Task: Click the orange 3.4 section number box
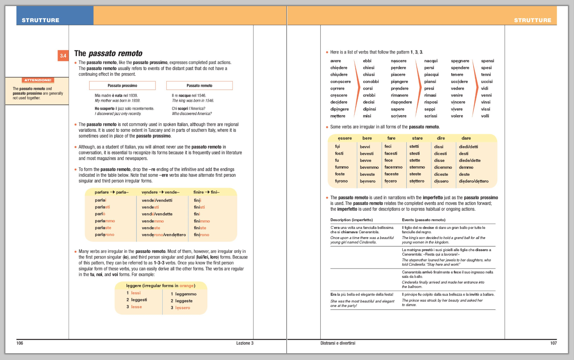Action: point(63,56)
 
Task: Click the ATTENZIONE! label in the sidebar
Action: point(38,80)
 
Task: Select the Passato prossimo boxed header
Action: point(122,86)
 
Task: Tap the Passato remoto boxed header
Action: point(199,86)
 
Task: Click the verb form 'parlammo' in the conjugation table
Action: point(105,221)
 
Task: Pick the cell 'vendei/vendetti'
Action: point(157,200)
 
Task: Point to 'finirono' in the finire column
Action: point(201,235)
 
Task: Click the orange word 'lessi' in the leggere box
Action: point(135,293)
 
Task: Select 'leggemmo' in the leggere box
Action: point(185,294)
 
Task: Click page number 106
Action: point(20,343)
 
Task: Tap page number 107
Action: point(553,343)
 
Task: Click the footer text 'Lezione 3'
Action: point(244,343)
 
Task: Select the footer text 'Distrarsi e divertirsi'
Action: point(338,343)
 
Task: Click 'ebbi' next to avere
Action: point(367,61)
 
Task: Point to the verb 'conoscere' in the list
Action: point(340,82)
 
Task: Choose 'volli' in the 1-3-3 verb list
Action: point(485,116)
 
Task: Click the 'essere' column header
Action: point(345,138)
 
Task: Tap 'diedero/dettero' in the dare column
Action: point(474,181)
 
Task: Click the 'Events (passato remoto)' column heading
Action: point(424,220)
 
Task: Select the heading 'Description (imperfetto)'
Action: point(351,220)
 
